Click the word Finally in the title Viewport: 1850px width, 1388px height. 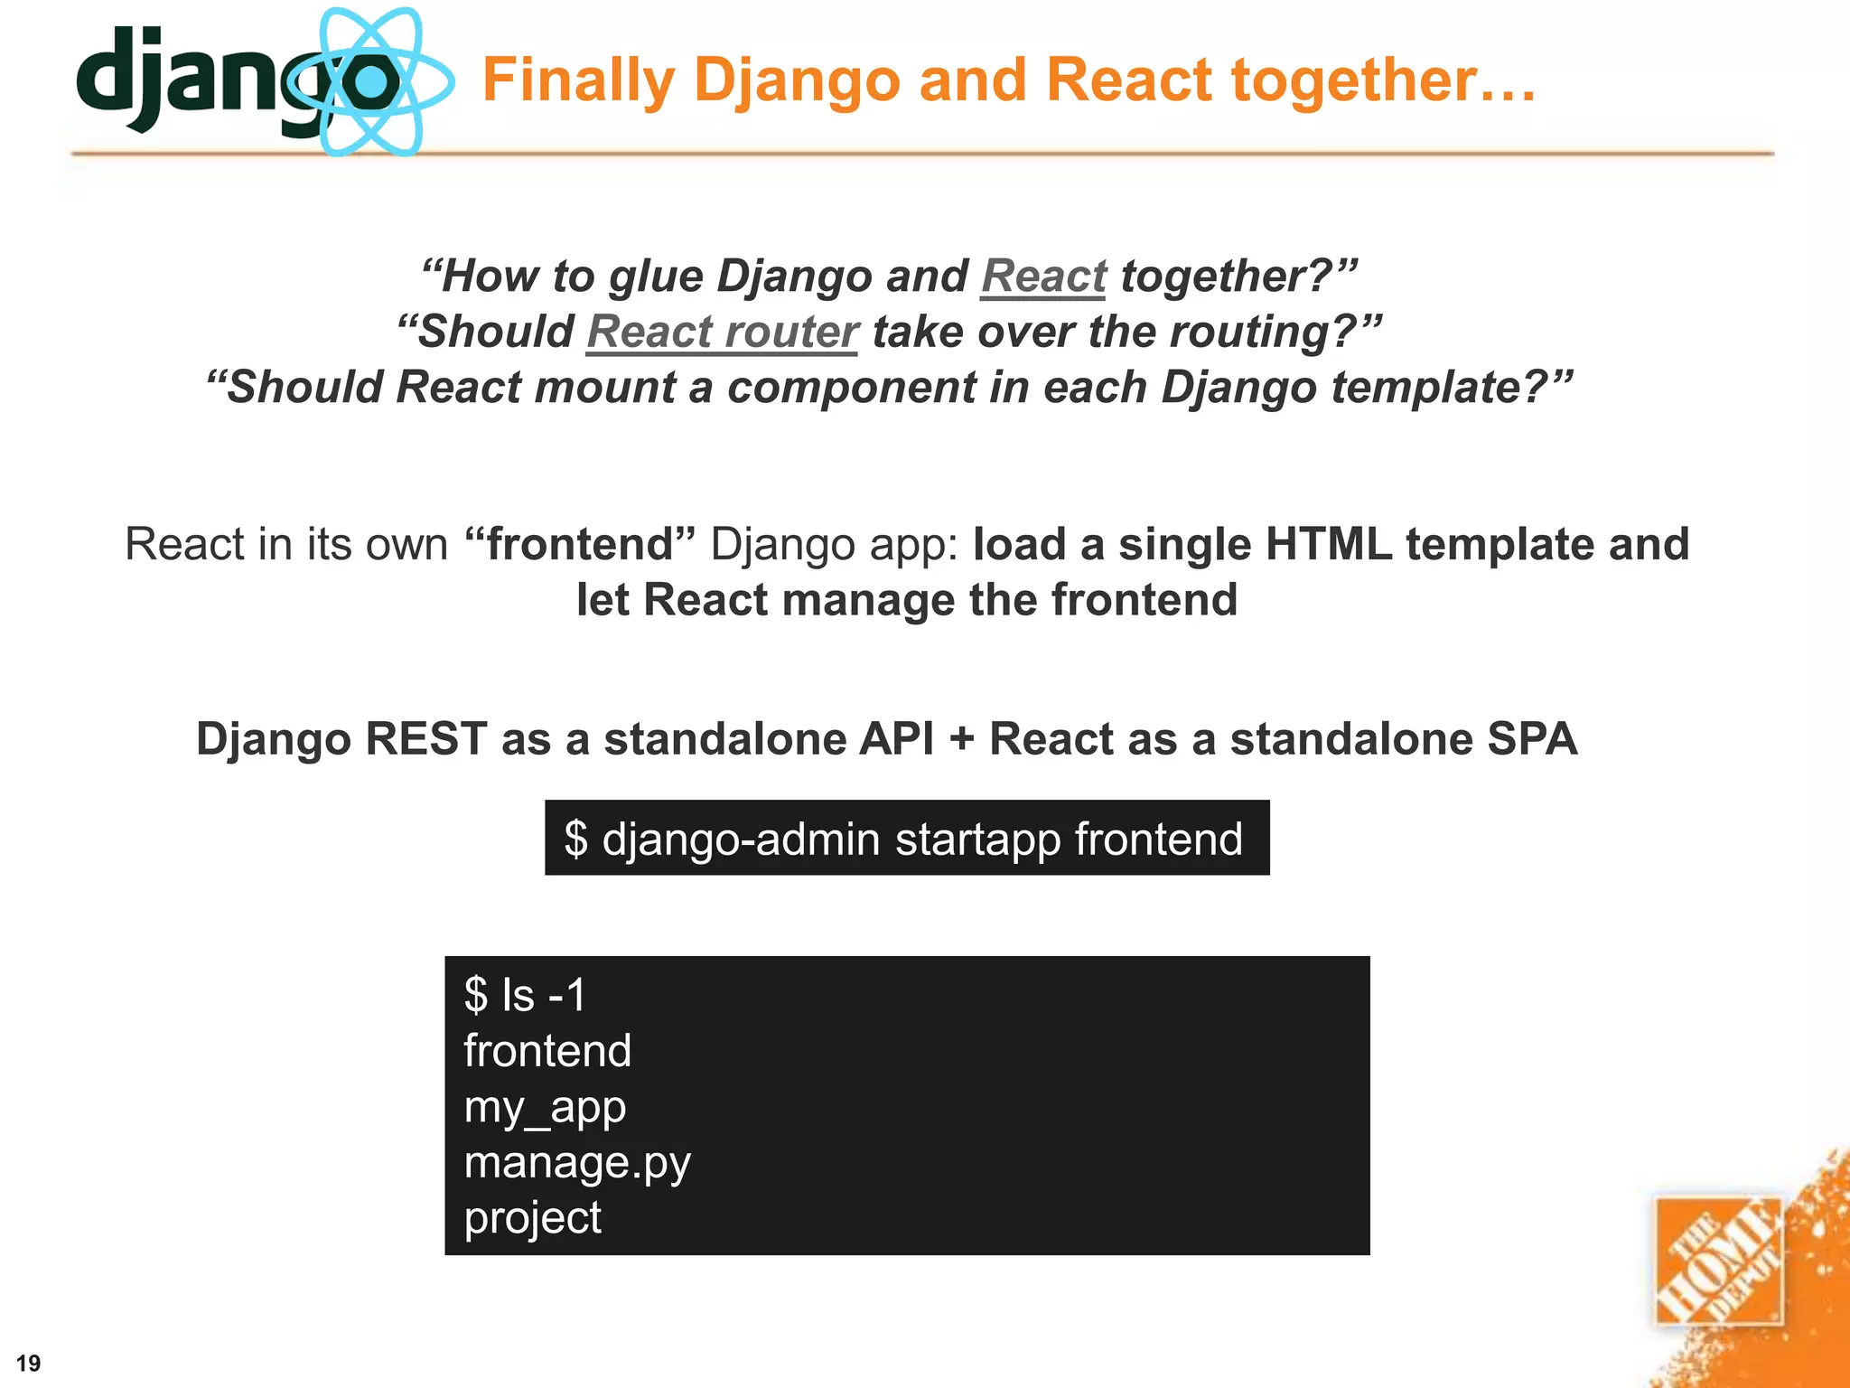[578, 81]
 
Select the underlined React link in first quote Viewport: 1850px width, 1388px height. [1043, 277]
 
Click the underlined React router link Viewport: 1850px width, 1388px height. [722, 332]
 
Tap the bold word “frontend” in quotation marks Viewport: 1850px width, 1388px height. [580, 545]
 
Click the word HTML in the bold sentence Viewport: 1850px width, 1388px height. [1328, 545]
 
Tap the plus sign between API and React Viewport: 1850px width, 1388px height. [962, 739]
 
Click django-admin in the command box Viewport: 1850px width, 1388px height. [741, 839]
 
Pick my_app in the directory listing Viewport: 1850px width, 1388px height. [545, 1107]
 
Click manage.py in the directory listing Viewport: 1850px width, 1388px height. [577, 1163]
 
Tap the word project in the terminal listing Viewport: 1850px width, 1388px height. [532, 1218]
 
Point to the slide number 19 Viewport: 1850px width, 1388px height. [29, 1364]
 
